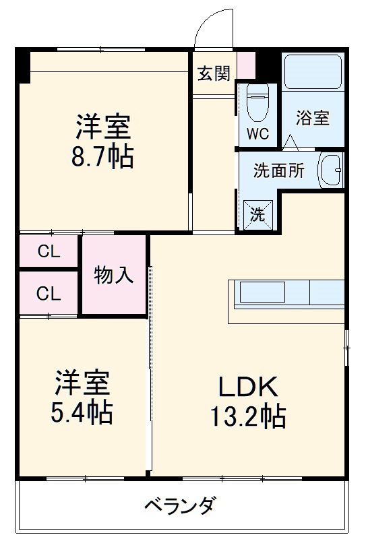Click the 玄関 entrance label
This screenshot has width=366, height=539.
pos(214,73)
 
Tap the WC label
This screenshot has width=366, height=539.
pos(257,133)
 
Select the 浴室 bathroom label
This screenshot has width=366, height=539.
pos(313,117)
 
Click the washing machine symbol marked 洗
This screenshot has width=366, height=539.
pos(258,214)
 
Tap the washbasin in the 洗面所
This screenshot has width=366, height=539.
pos(330,169)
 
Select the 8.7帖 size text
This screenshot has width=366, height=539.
pos(102,157)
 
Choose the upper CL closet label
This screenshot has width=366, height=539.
pos(49,252)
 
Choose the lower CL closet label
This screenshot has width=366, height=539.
pos(49,294)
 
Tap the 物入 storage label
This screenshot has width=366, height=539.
pos(113,274)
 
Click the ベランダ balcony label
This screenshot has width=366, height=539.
pos(181,505)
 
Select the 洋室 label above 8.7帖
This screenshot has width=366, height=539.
pos(102,126)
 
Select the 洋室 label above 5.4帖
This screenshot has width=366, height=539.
pos(82,381)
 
